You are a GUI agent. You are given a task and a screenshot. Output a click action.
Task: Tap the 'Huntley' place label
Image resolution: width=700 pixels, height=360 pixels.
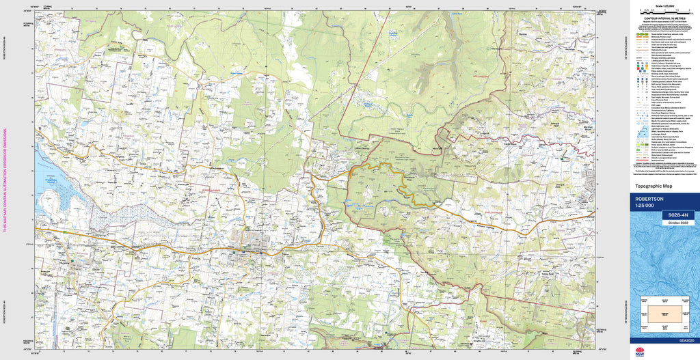click(x=525, y=33)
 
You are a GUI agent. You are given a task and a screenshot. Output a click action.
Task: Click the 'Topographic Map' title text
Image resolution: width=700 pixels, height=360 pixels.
click(x=653, y=186)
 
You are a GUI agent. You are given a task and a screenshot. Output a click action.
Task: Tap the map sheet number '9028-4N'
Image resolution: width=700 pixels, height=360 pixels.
click(x=677, y=215)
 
